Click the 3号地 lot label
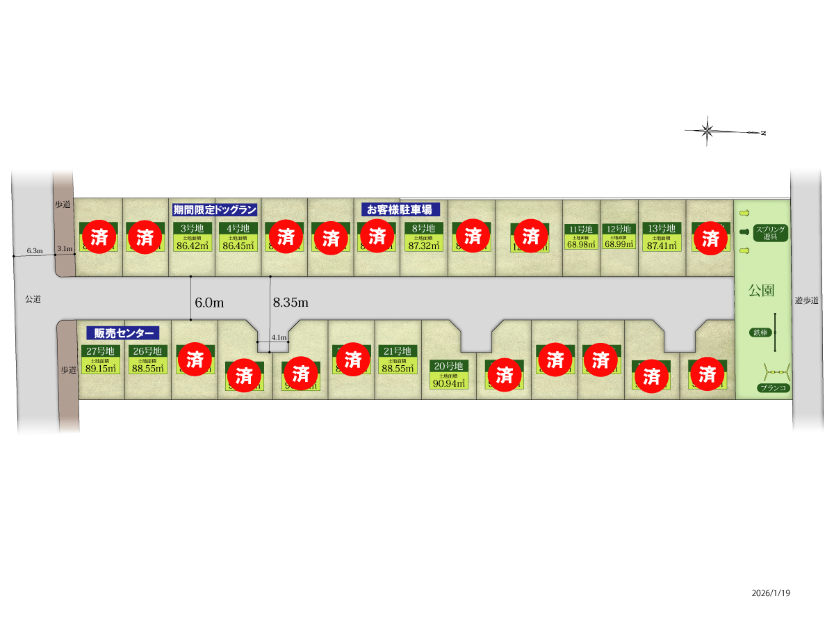point(192,228)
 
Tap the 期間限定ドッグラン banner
point(215,209)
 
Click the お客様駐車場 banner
point(400,209)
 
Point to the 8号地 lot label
point(423,228)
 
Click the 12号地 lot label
point(619,229)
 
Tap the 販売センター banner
point(122,333)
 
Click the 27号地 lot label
point(101,351)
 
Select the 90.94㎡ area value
point(449,383)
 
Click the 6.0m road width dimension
point(209,303)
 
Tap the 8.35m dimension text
point(291,303)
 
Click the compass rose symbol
point(708,130)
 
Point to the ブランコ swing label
point(774,388)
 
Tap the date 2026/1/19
point(771,593)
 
